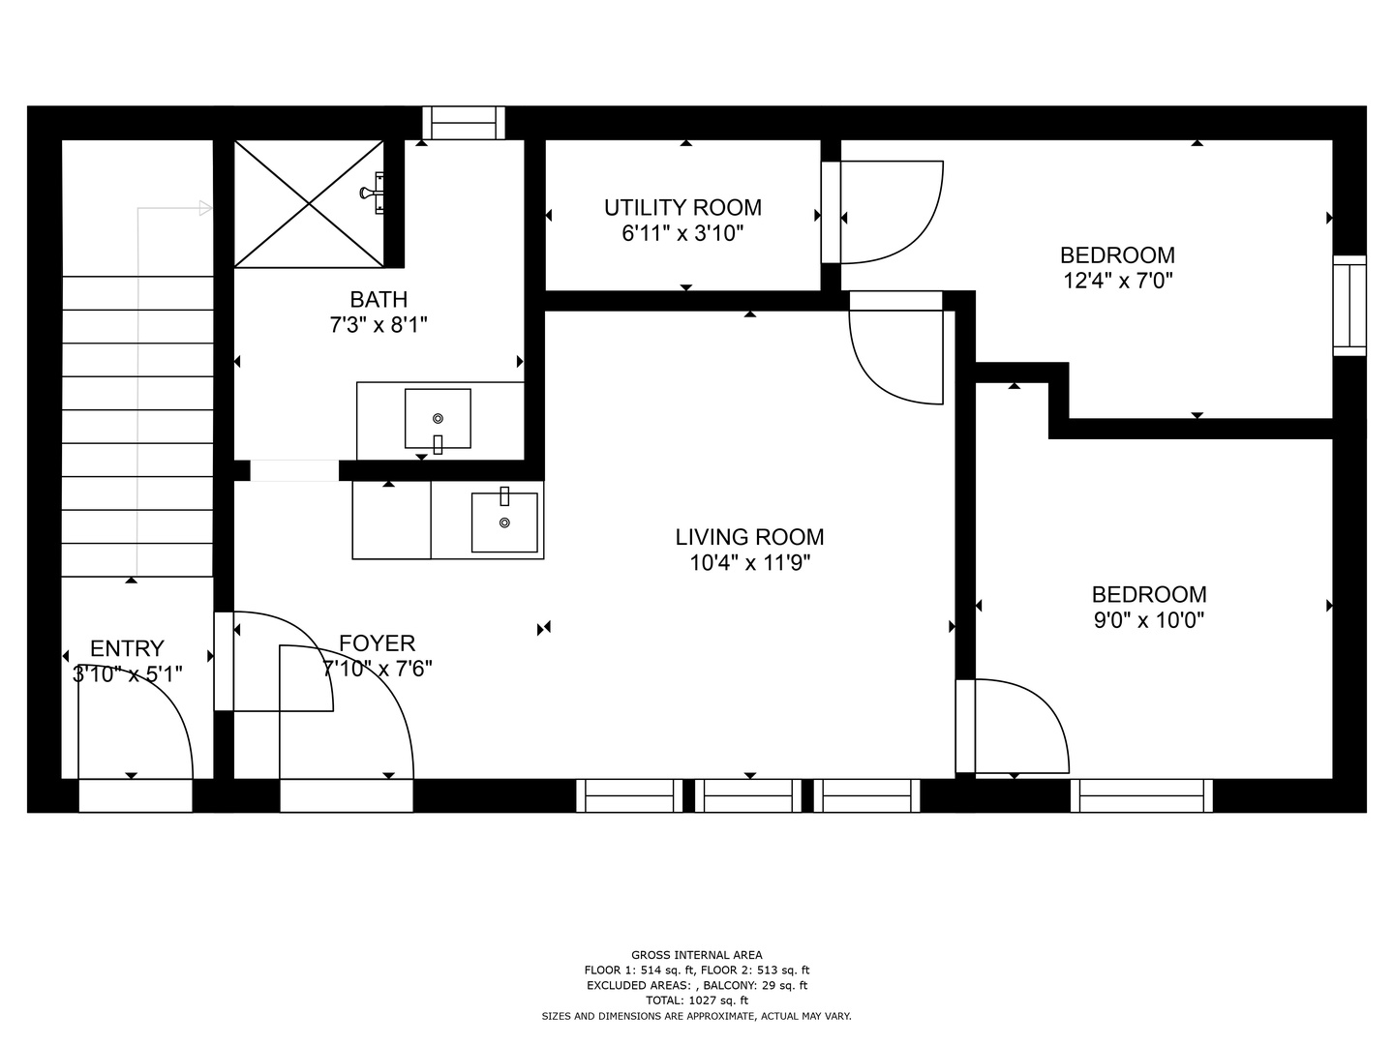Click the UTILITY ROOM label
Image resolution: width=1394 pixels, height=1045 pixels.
point(682,208)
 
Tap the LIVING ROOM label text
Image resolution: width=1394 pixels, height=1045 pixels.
point(749,537)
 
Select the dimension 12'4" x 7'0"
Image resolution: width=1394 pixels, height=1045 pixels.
point(1118,281)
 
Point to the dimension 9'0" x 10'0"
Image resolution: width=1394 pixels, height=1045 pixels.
point(1149,620)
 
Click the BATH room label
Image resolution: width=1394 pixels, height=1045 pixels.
point(379,300)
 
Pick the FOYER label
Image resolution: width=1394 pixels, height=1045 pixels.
point(378,643)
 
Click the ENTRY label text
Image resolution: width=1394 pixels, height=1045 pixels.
point(127,648)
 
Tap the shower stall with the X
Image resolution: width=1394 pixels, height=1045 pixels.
point(309,203)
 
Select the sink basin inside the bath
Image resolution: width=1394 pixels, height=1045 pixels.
point(438,419)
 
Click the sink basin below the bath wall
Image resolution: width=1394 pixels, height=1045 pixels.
point(504,522)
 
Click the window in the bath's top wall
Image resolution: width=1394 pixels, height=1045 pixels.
point(464,123)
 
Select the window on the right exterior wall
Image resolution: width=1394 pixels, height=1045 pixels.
point(1349,306)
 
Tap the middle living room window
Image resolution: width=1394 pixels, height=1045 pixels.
point(748,795)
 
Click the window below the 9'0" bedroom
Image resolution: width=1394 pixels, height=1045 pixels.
point(1141,795)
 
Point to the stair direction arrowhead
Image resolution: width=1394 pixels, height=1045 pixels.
point(206,208)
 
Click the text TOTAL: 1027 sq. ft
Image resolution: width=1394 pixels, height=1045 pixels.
point(697,1000)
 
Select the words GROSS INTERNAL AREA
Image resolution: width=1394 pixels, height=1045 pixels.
point(697,955)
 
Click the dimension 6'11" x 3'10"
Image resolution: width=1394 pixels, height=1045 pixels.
point(682,234)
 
